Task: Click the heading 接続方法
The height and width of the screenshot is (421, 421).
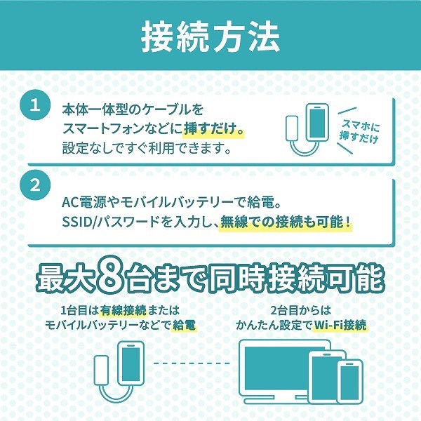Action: (210, 36)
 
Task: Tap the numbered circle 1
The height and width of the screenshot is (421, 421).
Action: (35, 105)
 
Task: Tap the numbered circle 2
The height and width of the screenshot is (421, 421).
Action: (35, 185)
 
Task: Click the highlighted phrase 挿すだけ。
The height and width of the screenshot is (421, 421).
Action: (214, 129)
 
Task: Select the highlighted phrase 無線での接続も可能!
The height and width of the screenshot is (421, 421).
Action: (285, 222)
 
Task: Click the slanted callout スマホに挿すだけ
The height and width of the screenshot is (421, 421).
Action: (359, 132)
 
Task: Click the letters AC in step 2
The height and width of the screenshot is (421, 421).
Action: (70, 202)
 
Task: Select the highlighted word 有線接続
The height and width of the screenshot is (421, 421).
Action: (123, 311)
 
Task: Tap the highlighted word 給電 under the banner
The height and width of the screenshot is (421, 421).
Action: (184, 325)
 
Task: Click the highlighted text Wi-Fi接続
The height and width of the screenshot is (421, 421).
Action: (340, 325)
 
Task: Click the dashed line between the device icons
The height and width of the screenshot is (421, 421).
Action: (192, 363)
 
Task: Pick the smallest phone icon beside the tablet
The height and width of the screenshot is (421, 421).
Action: (350, 381)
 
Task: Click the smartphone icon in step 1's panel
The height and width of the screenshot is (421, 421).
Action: (317, 122)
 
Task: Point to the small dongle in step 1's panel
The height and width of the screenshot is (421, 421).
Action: (292, 128)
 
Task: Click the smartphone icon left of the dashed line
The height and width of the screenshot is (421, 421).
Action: (131, 363)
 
